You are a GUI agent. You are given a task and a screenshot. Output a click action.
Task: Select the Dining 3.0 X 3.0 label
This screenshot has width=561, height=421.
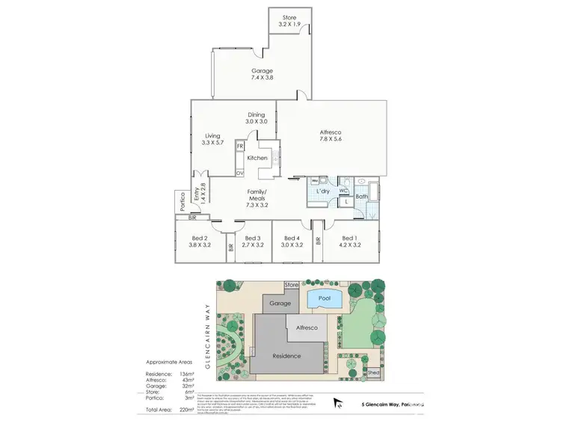click(x=256, y=118)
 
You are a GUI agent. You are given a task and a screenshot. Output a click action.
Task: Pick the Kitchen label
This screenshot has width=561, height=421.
click(x=257, y=159)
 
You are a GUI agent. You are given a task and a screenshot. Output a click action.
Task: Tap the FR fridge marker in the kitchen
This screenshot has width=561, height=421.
click(x=240, y=146)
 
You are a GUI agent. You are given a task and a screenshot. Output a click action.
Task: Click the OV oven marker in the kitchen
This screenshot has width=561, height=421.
click(x=240, y=173)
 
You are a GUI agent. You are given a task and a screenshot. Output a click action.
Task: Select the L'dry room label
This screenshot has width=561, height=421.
click(x=323, y=191)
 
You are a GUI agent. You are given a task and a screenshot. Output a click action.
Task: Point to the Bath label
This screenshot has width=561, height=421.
click(x=362, y=197)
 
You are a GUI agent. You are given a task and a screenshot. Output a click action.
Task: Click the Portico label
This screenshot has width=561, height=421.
click(x=180, y=203)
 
